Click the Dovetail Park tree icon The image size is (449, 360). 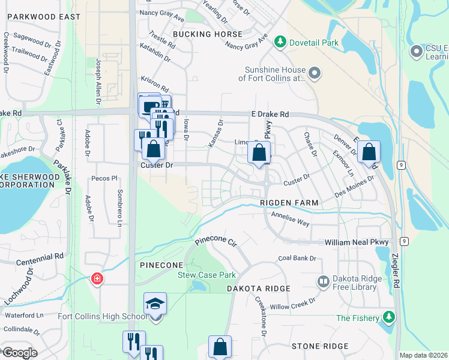tap(279, 43)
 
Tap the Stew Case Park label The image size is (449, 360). tap(206, 275)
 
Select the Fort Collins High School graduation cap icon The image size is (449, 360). tap(155, 304)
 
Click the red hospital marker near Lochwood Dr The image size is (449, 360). tap(96, 278)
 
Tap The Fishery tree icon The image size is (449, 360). tap(390, 317)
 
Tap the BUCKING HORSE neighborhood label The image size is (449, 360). tap(208, 34)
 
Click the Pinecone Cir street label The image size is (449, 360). tap(216, 242)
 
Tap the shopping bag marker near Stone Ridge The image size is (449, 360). tap(220, 347)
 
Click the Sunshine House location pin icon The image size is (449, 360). tap(314, 74)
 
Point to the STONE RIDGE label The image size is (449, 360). tap(320, 346)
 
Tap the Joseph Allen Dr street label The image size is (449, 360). tap(98, 81)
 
